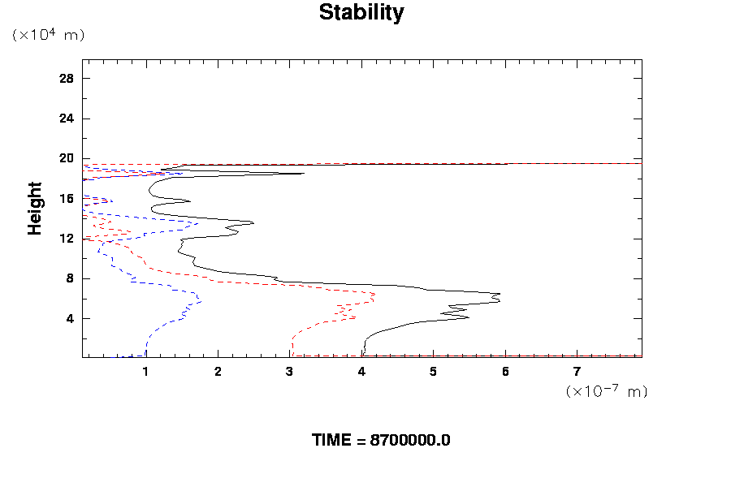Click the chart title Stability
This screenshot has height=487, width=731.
[361, 13]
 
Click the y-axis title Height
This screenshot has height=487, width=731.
[35, 209]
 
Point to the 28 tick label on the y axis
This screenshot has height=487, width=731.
[67, 79]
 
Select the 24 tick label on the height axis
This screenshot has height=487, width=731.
[67, 119]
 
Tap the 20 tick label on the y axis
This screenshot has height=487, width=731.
[67, 158]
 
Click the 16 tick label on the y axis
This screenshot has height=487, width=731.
[67, 198]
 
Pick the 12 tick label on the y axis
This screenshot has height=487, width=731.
[67, 239]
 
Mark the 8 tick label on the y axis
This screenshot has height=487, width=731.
[70, 278]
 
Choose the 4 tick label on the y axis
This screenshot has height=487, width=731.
[70, 318]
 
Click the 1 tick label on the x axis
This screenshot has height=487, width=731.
[146, 372]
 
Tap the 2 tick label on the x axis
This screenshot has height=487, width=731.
[218, 372]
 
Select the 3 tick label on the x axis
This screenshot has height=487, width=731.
[290, 372]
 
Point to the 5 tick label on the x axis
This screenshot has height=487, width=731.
[434, 372]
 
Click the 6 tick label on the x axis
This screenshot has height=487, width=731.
[505, 372]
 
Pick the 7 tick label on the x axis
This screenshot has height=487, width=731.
[577, 372]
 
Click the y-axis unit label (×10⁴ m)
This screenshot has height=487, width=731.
[48, 35]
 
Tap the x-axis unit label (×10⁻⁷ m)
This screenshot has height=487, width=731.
[606, 391]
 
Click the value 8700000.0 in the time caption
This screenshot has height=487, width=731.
[410, 441]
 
